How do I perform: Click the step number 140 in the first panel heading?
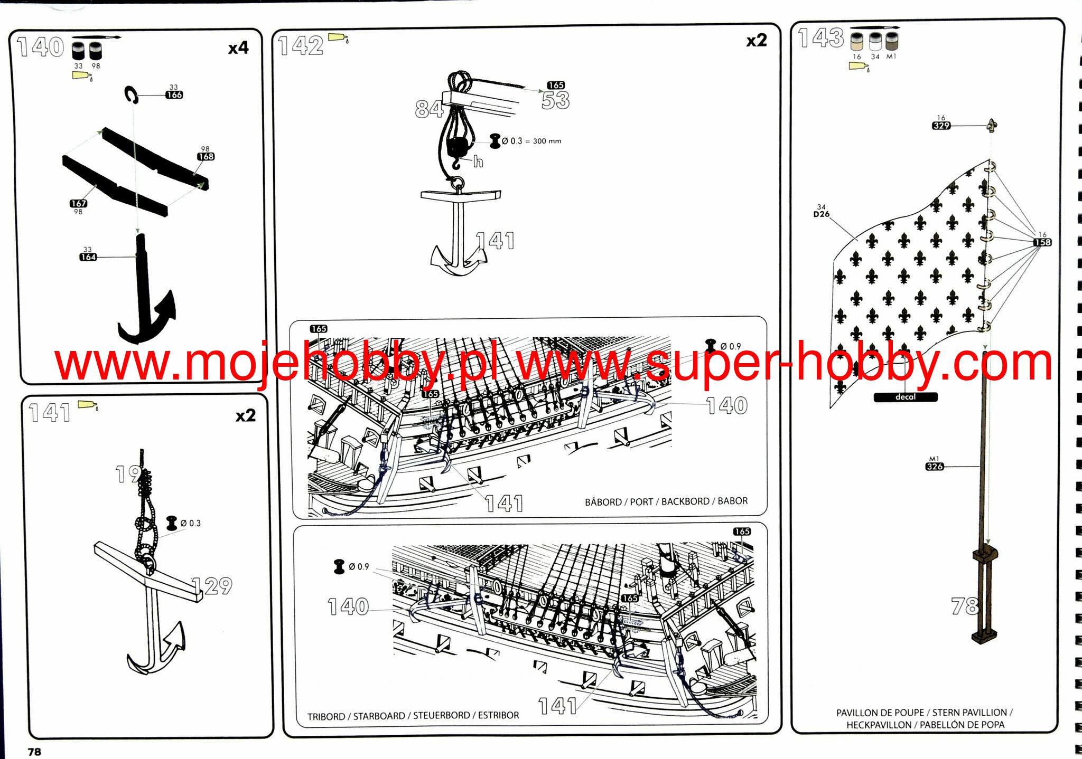coord(41,47)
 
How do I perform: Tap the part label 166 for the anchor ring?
coord(174,95)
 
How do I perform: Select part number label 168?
coord(206,157)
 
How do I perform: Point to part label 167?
coord(78,203)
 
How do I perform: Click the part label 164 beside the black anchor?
coord(88,257)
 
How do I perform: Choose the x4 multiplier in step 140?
coord(238,49)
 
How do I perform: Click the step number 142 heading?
coord(301,46)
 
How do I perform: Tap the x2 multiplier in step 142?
coord(756,41)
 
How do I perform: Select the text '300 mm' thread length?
coord(547,141)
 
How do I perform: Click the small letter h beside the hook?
coord(478,162)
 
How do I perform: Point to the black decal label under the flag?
coord(906,397)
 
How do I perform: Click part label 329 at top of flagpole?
coord(941,126)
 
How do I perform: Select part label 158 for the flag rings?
coord(1042,242)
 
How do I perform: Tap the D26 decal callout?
coord(822,214)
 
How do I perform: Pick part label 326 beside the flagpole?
coord(935,467)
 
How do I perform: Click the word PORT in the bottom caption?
coord(641,501)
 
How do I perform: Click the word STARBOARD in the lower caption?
coord(379,716)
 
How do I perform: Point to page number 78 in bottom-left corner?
coord(34,752)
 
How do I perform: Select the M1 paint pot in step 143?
coord(892,41)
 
